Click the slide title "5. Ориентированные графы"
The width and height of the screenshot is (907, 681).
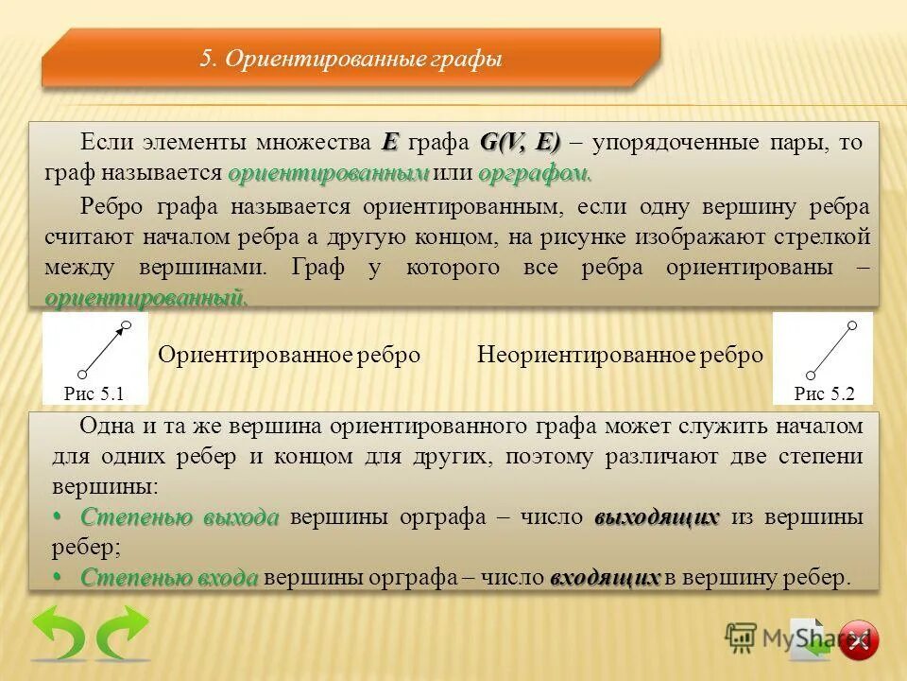(x=350, y=60)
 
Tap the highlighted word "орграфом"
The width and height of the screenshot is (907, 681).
(x=535, y=174)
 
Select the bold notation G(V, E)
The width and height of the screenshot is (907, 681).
(x=520, y=143)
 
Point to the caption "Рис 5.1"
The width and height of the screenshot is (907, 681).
(x=94, y=393)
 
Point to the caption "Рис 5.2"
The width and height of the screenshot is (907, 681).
(x=824, y=393)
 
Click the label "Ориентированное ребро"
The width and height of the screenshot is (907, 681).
(x=289, y=356)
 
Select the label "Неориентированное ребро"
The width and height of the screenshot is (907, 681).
(x=620, y=356)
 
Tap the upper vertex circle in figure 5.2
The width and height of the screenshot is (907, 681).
(x=851, y=325)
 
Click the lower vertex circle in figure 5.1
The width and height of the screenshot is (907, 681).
(x=82, y=373)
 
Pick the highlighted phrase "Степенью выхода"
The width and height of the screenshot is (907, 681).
(x=180, y=517)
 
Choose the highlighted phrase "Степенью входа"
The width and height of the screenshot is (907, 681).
(x=169, y=578)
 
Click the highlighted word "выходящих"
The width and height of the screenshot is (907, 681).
(x=657, y=517)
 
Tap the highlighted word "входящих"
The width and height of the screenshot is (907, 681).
(x=605, y=578)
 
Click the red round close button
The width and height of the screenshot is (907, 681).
(x=858, y=640)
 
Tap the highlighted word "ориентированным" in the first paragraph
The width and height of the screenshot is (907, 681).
(x=329, y=174)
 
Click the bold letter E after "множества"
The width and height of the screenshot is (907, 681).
(x=391, y=143)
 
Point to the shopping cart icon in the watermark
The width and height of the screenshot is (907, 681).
(x=741, y=638)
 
